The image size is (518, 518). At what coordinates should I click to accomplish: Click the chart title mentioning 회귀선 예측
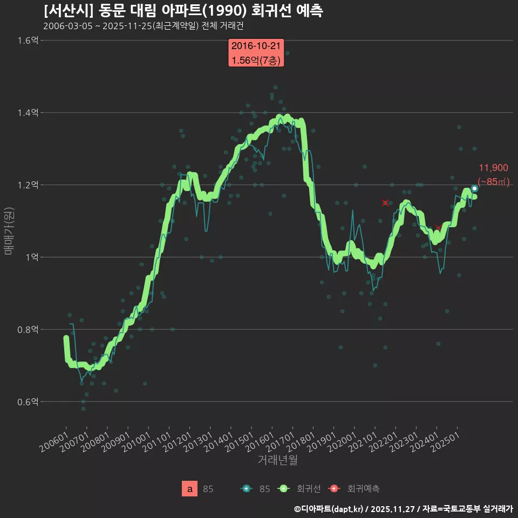[x=183, y=11]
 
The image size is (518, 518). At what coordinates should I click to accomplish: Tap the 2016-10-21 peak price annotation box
[x=256, y=53]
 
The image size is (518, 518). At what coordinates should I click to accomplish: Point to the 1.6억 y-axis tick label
[x=28, y=40]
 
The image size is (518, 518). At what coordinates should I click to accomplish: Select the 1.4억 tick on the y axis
[x=28, y=113]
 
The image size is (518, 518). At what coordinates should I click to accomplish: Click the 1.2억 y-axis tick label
[x=28, y=185]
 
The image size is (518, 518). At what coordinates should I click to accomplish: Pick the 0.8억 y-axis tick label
[x=28, y=330]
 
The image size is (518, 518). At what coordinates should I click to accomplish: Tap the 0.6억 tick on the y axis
[x=28, y=402]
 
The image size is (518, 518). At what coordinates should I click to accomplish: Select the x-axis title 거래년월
[x=277, y=460]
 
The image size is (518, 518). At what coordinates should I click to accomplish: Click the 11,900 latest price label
[x=493, y=168]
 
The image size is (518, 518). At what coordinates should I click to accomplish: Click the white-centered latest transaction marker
[x=474, y=188]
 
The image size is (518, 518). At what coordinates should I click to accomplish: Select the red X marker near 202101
[x=385, y=203]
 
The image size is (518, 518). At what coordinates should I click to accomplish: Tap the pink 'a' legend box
[x=190, y=489]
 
